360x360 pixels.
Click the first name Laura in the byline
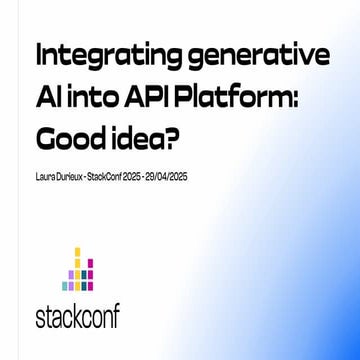(x=45, y=177)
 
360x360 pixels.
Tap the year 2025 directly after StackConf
(x=134, y=177)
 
